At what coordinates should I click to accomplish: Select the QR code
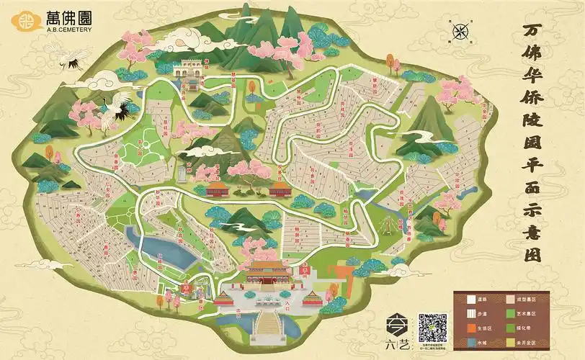tap(433, 328)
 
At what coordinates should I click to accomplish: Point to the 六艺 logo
tap(398, 330)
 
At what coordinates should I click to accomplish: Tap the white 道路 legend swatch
tap(463, 297)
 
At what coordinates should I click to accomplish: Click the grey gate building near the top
tap(189, 69)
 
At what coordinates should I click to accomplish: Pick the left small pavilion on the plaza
tap(227, 297)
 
